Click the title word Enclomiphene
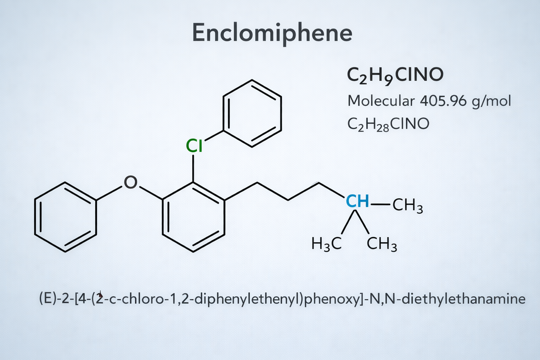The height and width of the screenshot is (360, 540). click(272, 33)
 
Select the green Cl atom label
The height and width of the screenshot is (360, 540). click(194, 146)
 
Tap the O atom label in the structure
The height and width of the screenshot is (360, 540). click(131, 182)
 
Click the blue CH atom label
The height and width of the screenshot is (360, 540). click(358, 201)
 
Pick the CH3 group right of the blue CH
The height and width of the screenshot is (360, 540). click(408, 206)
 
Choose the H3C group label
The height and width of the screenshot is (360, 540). click(326, 244)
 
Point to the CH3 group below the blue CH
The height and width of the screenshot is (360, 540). click(381, 244)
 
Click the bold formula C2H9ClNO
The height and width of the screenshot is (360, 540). click(395, 76)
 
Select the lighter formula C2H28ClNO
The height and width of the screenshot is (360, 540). click(388, 125)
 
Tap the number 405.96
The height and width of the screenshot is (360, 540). click(443, 101)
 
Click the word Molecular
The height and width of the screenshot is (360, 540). click(381, 101)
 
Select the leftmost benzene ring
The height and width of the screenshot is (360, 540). click(35, 216)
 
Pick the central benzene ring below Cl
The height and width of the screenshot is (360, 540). click(163, 216)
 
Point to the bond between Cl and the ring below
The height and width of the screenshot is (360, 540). click(193, 168)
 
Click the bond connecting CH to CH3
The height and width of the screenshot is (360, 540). click(380, 205)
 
